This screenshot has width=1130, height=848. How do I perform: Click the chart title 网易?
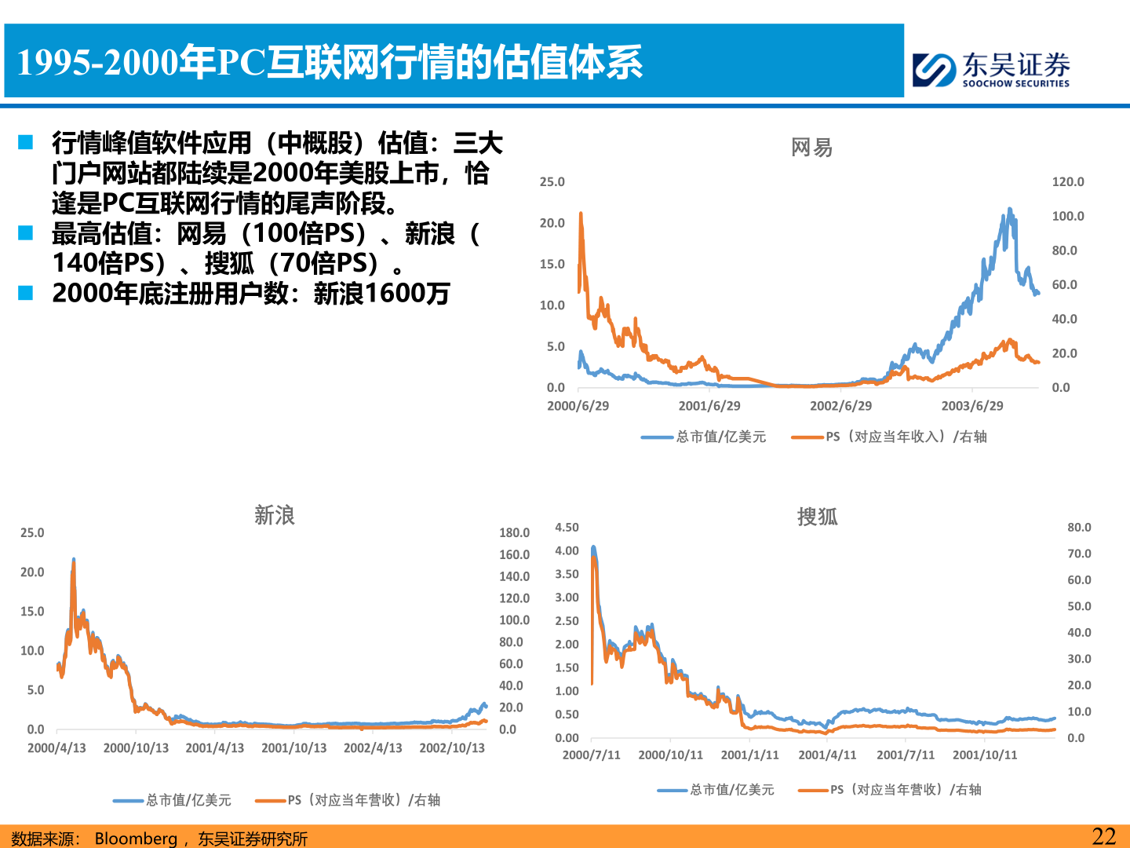(811, 148)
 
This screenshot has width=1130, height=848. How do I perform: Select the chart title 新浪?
(274, 515)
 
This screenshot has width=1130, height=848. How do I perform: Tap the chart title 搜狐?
(817, 517)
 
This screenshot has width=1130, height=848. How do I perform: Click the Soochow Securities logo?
(990, 69)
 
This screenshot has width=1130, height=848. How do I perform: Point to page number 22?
(1103, 836)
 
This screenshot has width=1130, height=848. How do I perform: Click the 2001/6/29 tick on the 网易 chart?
(709, 406)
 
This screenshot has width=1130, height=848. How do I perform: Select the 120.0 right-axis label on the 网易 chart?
(1067, 182)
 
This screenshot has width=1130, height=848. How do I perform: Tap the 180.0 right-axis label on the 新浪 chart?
(514, 533)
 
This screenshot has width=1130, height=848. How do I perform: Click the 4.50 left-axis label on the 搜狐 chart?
(567, 528)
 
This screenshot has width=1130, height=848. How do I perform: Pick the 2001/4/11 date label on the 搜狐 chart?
(827, 755)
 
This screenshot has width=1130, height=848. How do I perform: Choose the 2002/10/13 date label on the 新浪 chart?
(452, 748)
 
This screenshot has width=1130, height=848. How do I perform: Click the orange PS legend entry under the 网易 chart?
(889, 437)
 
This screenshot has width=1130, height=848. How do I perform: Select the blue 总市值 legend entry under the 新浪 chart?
(173, 800)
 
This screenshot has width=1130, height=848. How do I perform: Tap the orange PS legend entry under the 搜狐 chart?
(890, 790)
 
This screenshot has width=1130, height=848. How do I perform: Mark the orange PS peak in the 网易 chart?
(581, 213)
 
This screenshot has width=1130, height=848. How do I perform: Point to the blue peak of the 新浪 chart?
(74, 559)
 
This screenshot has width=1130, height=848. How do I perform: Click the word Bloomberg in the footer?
(136, 839)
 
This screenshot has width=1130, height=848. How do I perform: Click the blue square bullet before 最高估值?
(26, 233)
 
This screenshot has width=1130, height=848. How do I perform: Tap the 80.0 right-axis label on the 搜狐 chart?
(1079, 528)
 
